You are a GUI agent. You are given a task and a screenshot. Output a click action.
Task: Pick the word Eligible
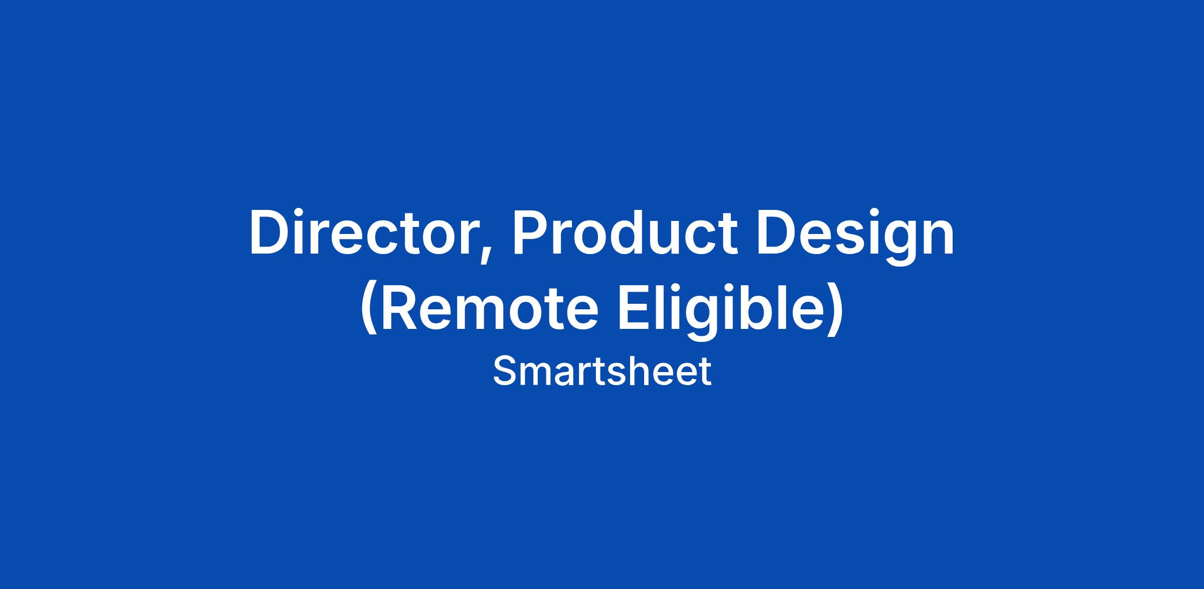720,311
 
